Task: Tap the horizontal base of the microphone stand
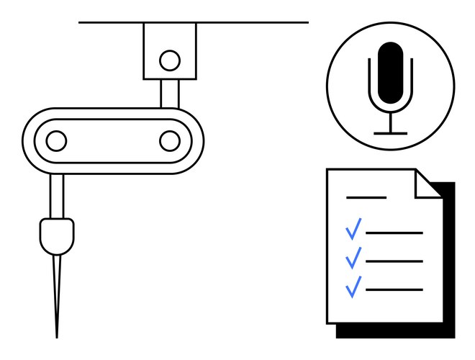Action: [x=391, y=133]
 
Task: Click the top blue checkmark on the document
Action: [x=353, y=230]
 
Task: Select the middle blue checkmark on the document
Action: [x=353, y=257]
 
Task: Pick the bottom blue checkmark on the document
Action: [x=353, y=286]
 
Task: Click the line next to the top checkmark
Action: [x=394, y=233]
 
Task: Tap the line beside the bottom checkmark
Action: [x=394, y=289]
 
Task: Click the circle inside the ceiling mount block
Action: [x=170, y=60]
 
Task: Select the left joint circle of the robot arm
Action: [x=56, y=140]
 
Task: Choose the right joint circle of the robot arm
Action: [x=170, y=140]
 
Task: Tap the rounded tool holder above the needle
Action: [x=57, y=235]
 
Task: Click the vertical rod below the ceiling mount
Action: [x=170, y=93]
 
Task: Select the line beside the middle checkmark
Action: [x=394, y=261]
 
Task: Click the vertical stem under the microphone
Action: [x=391, y=121]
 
